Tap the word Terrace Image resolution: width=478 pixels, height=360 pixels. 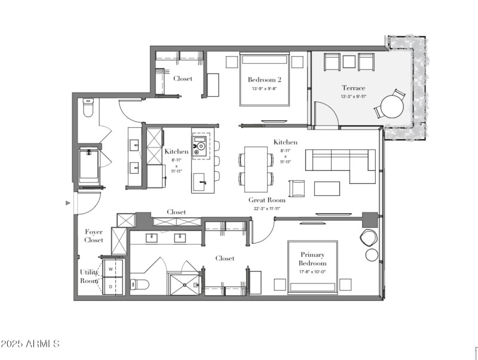353,88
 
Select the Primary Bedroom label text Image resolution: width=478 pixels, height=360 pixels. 312,259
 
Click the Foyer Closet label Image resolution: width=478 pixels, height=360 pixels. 94,236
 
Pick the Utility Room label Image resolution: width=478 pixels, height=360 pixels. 89,276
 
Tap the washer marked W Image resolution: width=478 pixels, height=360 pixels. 111,270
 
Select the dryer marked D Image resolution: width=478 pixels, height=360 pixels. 111,287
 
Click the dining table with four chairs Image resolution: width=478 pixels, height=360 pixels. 256,168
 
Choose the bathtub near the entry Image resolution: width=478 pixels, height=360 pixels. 88,167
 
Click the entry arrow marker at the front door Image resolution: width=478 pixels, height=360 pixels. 68,203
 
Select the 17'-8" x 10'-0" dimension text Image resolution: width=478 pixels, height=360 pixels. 312,272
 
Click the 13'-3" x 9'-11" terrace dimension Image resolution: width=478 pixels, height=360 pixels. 353,97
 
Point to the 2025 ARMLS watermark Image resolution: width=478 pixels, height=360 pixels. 30,344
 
